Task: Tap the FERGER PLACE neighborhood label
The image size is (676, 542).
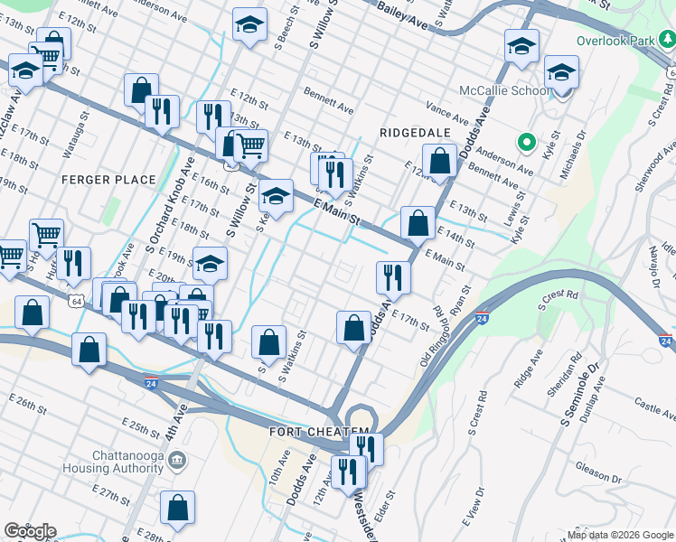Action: click(110, 180)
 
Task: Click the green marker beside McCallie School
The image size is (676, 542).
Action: click(523, 142)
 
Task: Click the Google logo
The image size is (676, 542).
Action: click(29, 531)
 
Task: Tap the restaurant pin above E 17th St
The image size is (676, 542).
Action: click(392, 276)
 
